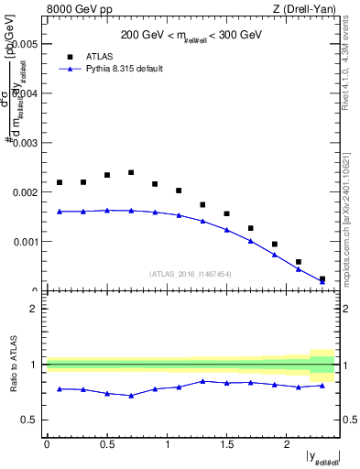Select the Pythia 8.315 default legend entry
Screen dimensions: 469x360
click(x=117, y=68)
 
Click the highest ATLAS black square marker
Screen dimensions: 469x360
click(x=131, y=172)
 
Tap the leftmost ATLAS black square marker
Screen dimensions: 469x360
click(x=60, y=182)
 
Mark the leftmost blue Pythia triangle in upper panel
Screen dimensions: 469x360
click(x=60, y=212)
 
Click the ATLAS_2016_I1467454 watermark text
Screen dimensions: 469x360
click(x=191, y=274)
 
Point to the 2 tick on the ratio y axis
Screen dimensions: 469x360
click(x=34, y=309)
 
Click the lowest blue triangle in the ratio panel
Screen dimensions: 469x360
click(x=131, y=396)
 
